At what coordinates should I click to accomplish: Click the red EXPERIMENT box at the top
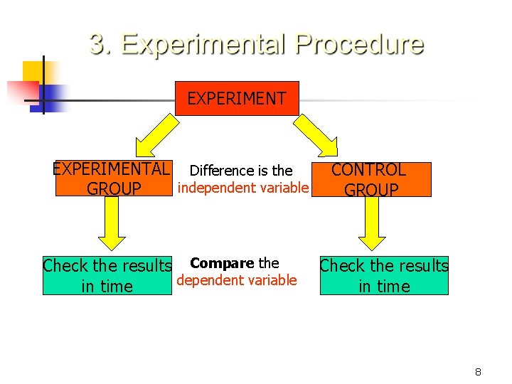click(237, 98)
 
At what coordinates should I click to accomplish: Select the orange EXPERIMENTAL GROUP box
click(113, 179)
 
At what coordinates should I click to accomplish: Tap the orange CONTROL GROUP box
click(370, 179)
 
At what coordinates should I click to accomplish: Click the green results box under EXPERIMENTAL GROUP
click(107, 276)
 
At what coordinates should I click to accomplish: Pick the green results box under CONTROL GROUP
click(384, 276)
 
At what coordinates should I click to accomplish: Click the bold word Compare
click(222, 264)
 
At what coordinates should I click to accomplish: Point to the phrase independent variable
click(242, 188)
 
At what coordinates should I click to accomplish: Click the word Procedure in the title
click(359, 44)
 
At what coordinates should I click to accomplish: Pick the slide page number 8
click(479, 372)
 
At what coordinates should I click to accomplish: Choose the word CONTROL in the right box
click(368, 170)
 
